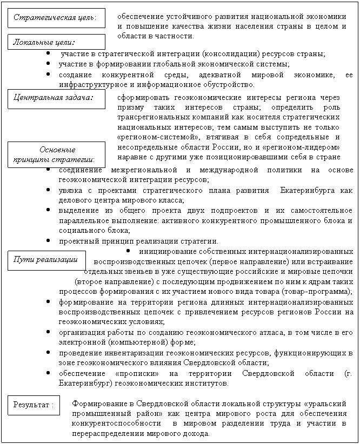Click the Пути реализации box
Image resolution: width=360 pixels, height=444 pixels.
46,260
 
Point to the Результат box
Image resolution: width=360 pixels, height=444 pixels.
34,405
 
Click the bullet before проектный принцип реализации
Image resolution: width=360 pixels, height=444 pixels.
49,241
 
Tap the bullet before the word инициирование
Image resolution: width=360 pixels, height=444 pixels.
128,251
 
